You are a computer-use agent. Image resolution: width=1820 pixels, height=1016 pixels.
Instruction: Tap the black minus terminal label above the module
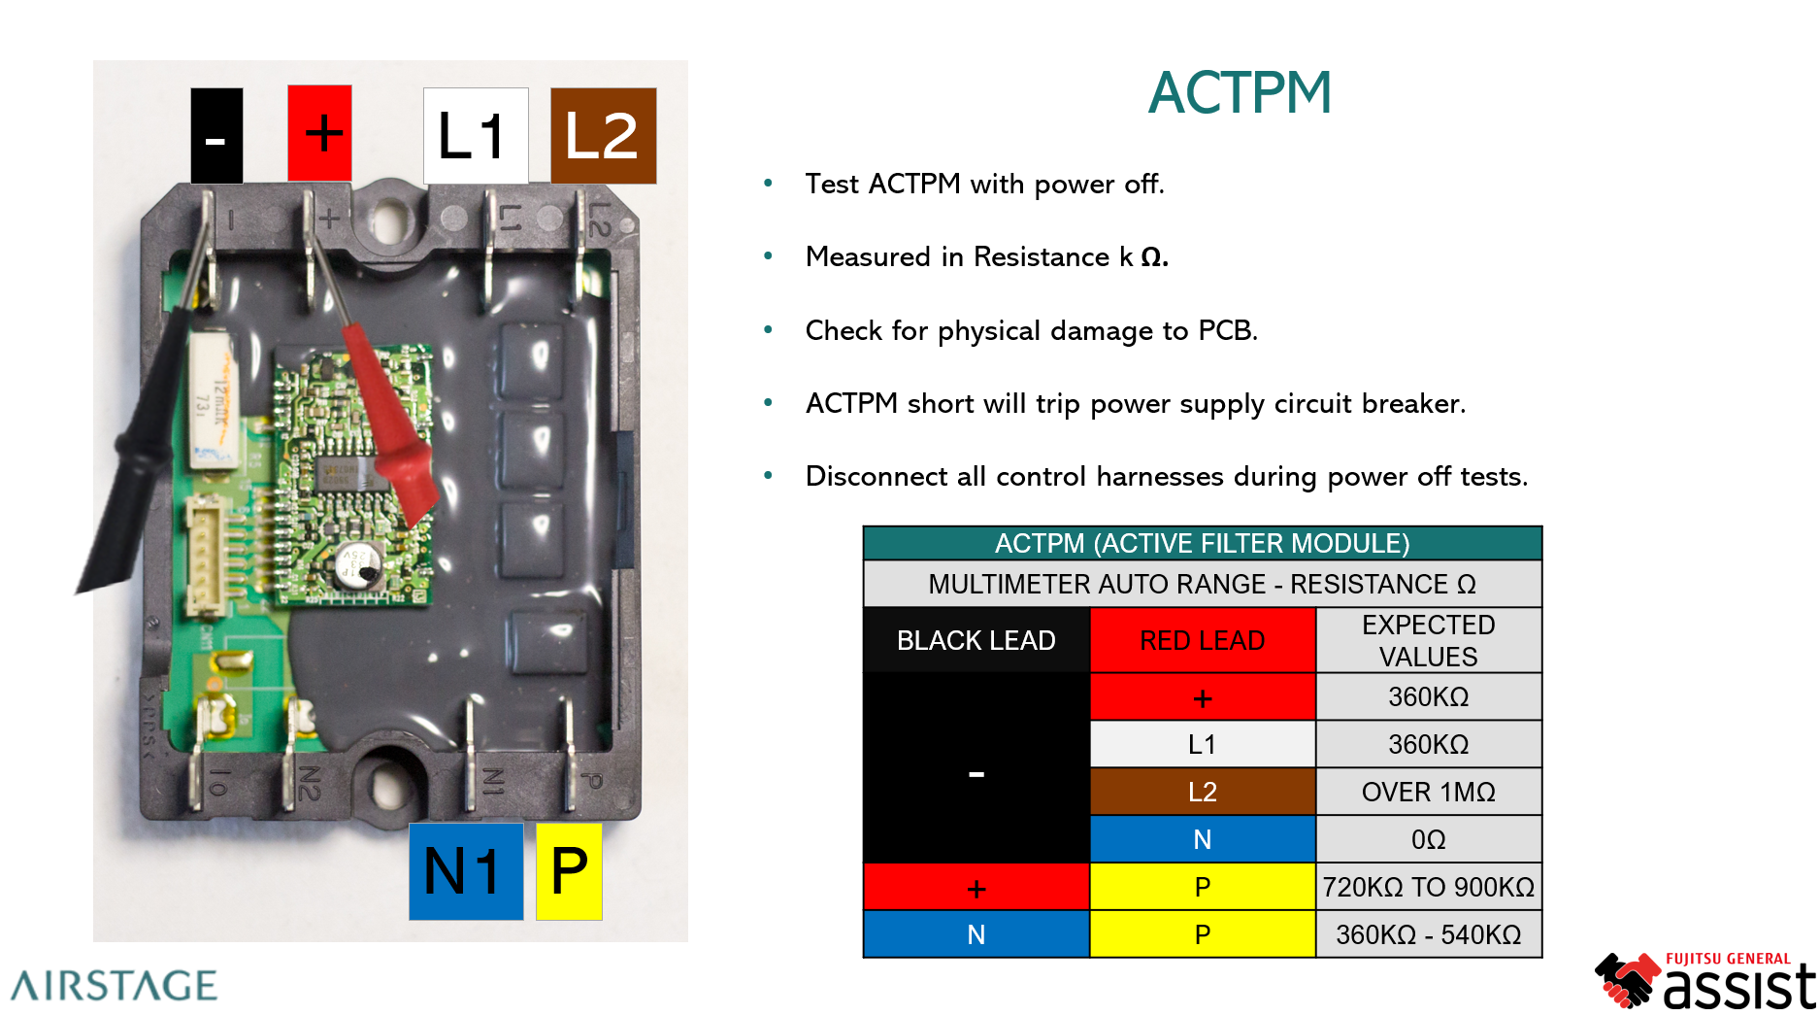(216, 135)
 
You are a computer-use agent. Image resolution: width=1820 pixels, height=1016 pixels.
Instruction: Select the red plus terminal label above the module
(319, 133)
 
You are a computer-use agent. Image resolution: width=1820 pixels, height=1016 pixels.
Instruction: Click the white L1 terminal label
(476, 136)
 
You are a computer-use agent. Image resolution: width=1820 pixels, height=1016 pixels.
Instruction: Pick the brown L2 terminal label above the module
(603, 136)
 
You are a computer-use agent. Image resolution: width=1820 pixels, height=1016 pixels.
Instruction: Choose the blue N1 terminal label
(465, 871)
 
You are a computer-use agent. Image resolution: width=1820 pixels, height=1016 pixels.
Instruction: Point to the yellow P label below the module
(569, 871)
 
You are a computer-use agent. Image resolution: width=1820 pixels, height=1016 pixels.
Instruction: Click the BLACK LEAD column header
(976, 640)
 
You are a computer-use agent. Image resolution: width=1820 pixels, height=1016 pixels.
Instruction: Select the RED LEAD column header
(1202, 640)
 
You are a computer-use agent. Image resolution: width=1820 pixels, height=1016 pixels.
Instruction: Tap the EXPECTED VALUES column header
(1428, 640)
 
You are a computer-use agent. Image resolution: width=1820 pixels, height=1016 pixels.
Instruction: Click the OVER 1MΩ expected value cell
(1428, 792)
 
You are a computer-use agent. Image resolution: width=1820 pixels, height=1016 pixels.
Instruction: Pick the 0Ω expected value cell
(1428, 839)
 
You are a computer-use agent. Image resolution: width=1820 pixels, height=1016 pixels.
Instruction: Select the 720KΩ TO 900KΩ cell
(1428, 887)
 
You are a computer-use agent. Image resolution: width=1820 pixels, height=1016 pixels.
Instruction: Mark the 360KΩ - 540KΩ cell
(1428, 934)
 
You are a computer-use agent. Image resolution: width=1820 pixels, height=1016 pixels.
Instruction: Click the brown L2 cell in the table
(1202, 792)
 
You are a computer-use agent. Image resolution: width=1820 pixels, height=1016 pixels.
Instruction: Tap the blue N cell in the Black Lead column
(976, 934)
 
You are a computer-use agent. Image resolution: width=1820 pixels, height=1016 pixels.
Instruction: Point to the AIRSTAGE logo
(115, 985)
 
